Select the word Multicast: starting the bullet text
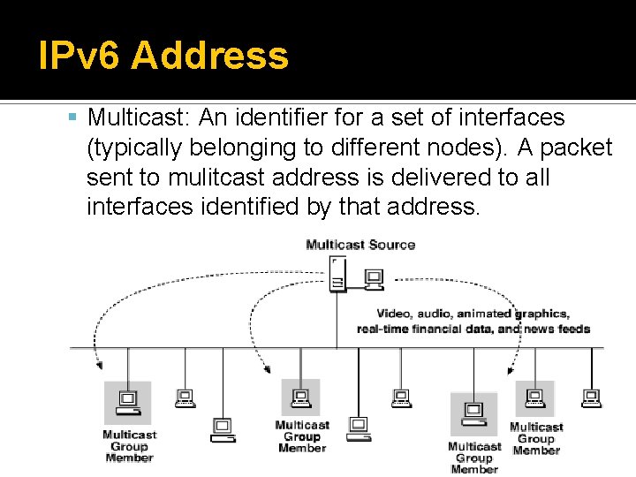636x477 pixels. click(139, 117)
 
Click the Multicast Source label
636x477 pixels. click(360, 245)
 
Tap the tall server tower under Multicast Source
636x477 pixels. click(337, 274)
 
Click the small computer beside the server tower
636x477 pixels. click(374, 280)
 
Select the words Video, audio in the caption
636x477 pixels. click(414, 314)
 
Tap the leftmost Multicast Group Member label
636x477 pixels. click(129, 446)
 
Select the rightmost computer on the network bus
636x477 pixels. click(591, 397)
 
